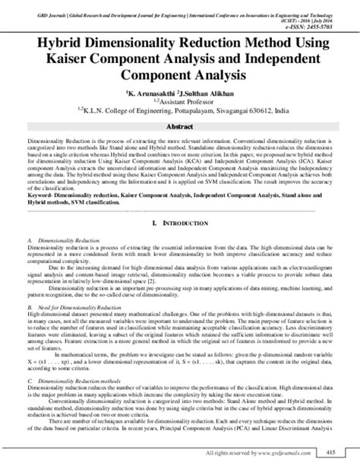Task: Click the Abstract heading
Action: click(x=180, y=127)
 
